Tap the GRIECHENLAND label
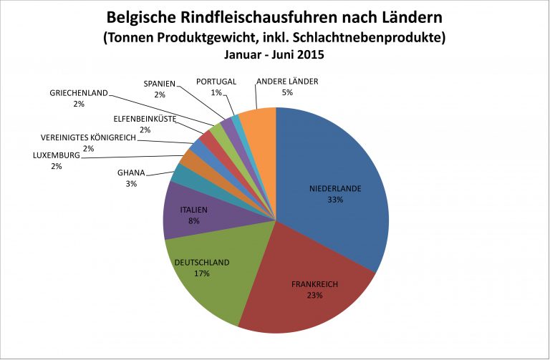click(x=79, y=93)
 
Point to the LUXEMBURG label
click(x=57, y=155)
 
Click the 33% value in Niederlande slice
click(x=335, y=200)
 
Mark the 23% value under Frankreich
click(x=314, y=295)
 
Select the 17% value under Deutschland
click(x=201, y=273)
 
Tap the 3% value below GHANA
click(x=131, y=184)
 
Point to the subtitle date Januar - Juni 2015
click(x=275, y=54)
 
